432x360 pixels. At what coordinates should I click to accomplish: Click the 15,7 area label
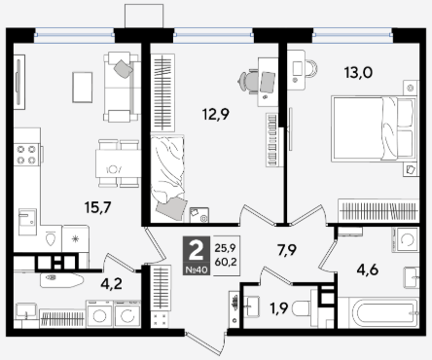[97, 207]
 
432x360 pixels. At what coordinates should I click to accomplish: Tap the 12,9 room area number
[216, 114]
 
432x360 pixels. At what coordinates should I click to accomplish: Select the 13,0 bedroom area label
[358, 73]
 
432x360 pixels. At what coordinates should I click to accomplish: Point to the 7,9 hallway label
[287, 250]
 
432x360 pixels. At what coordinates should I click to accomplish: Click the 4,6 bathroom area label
[368, 270]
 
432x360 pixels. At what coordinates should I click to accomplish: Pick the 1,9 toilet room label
[279, 308]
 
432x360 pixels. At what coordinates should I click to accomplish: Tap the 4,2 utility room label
[111, 284]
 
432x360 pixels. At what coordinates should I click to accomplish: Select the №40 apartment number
[197, 270]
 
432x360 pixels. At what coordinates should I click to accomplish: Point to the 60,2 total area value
[226, 262]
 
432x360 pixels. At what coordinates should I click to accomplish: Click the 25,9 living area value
[225, 248]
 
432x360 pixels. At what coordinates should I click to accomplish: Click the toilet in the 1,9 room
[301, 308]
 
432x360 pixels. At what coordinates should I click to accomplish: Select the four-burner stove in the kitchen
[26, 155]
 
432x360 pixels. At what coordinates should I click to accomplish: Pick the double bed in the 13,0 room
[374, 128]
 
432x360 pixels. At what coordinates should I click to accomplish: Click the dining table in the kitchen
[118, 163]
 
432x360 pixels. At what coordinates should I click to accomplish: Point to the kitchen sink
[27, 222]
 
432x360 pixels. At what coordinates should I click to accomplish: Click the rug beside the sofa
[83, 88]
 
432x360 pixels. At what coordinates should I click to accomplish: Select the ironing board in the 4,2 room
[62, 280]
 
